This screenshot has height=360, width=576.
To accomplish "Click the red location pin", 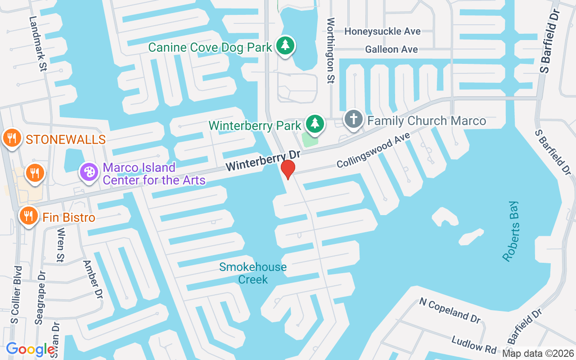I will [288, 169].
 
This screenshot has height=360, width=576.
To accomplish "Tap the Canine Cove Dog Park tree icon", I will [285, 45].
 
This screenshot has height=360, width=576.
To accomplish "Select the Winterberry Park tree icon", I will [315, 123].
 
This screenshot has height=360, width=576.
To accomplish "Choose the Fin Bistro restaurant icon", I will [28, 216].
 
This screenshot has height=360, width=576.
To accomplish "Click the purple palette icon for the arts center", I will [89, 172].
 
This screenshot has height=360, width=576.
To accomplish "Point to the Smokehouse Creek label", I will [253, 273].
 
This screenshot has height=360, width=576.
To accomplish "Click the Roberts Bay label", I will [511, 231].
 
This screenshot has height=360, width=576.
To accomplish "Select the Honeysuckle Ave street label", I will [382, 31].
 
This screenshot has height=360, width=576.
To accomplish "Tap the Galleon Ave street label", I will [391, 49].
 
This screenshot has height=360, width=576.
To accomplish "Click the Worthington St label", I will [331, 50].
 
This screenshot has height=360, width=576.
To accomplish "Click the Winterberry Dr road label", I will [263, 161].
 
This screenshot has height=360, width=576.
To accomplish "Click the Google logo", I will [31, 349].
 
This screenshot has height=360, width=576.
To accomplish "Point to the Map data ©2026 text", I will [537, 353].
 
